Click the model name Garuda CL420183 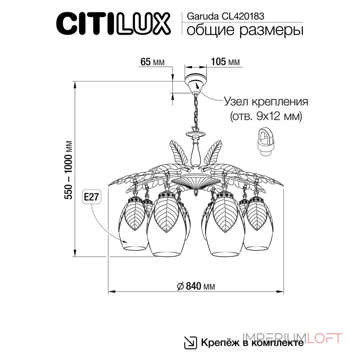pos(219,14)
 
